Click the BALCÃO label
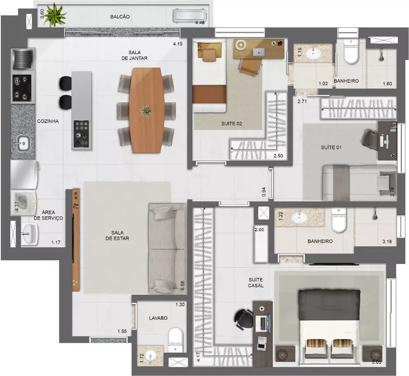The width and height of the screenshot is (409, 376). (x=120, y=17)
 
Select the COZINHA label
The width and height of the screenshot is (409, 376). (x=48, y=121)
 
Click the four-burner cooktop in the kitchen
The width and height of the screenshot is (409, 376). (x=22, y=88)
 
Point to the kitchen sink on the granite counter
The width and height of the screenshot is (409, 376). (x=23, y=143)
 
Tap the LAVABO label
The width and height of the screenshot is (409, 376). (x=158, y=318)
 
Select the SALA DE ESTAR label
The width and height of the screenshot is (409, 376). (x=117, y=235)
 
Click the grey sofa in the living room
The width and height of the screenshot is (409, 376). (x=167, y=249)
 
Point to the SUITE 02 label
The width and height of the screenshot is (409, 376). (x=232, y=124)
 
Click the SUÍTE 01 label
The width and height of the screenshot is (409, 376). (x=331, y=148)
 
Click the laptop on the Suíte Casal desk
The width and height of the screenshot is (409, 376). (x=263, y=322)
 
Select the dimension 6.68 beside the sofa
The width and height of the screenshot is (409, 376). (x=182, y=285)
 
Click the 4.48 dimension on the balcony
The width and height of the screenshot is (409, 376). (x=200, y=23)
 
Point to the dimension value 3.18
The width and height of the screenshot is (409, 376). (x=387, y=242)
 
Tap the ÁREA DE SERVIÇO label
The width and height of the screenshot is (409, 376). (x=48, y=215)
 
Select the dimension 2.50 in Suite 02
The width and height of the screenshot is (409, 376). (x=278, y=156)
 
